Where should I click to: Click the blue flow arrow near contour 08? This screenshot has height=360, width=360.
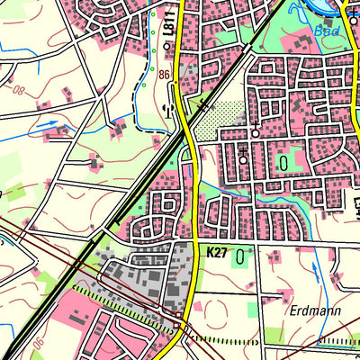49,123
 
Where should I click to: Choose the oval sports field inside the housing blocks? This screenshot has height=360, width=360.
284,163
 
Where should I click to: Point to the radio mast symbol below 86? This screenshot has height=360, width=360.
165,106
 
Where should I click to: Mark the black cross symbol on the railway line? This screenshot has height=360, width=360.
205,107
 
